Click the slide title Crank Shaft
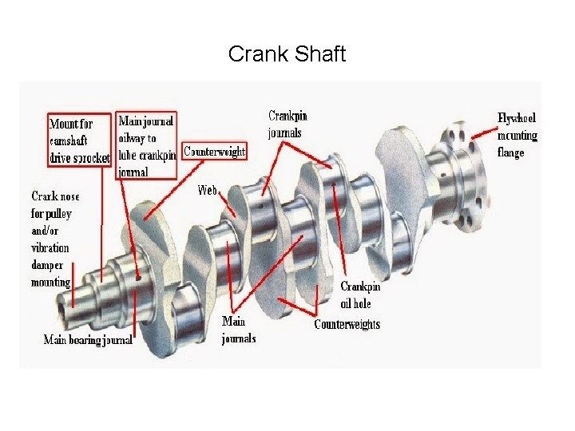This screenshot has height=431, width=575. tap(287, 54)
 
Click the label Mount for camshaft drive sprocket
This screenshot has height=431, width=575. tap(79, 140)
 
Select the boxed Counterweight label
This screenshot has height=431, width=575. tap(214, 151)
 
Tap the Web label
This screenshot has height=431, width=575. tap(208, 191)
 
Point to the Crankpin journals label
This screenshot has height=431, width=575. tap(287, 124)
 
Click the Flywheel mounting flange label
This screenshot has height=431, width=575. tap(517, 134)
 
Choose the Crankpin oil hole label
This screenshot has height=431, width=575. tap(356, 294)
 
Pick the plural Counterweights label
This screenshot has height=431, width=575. tap(347, 323)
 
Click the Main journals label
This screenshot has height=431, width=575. tap(238, 330)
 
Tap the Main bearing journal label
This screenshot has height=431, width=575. tap(88, 340)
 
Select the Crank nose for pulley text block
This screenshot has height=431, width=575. tap(53, 239)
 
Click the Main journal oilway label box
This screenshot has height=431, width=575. tap(146, 145)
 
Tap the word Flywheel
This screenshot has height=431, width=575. tap(517, 118)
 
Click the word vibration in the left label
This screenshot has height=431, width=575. tap(50, 247)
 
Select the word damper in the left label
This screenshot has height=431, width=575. tap(49, 265)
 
